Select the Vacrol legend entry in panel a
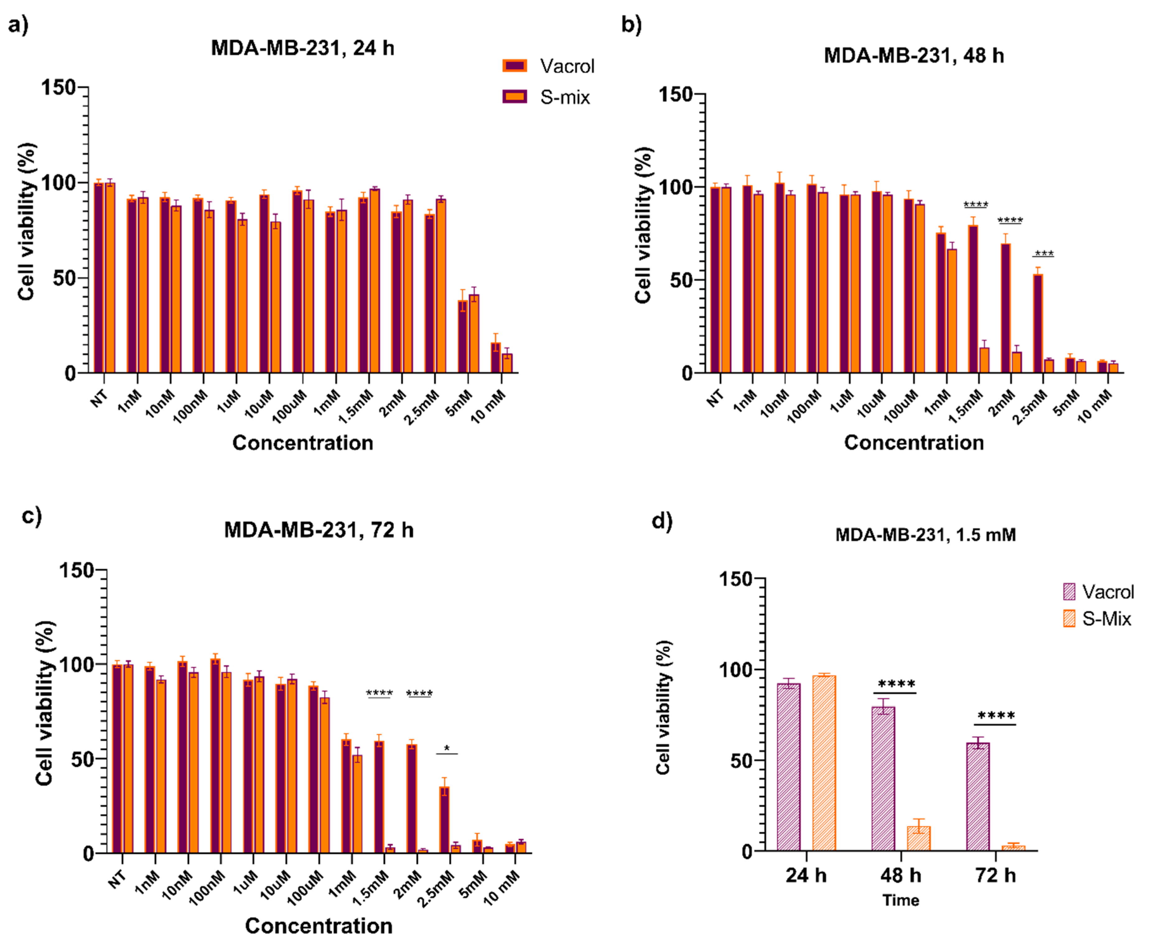tap(548, 66)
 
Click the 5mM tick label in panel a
tap(458, 404)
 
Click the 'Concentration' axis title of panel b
tap(914, 443)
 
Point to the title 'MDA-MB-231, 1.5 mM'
tap(925, 535)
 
